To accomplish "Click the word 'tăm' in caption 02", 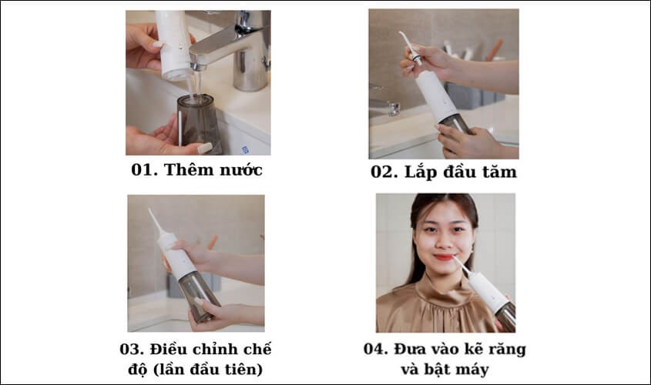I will (x=498, y=172).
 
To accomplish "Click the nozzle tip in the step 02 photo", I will (x=401, y=35).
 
